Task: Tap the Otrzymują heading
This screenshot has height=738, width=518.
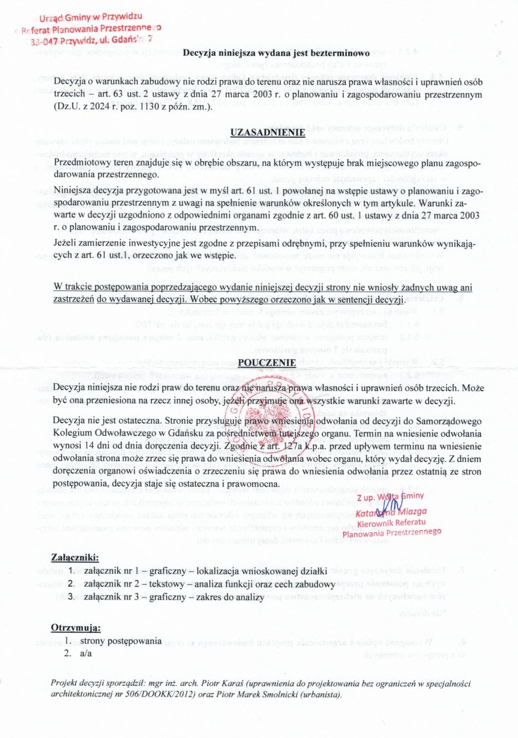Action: point(75,628)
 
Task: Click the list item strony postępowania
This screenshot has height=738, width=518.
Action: point(120,641)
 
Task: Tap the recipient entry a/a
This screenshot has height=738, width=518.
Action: point(86,653)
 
